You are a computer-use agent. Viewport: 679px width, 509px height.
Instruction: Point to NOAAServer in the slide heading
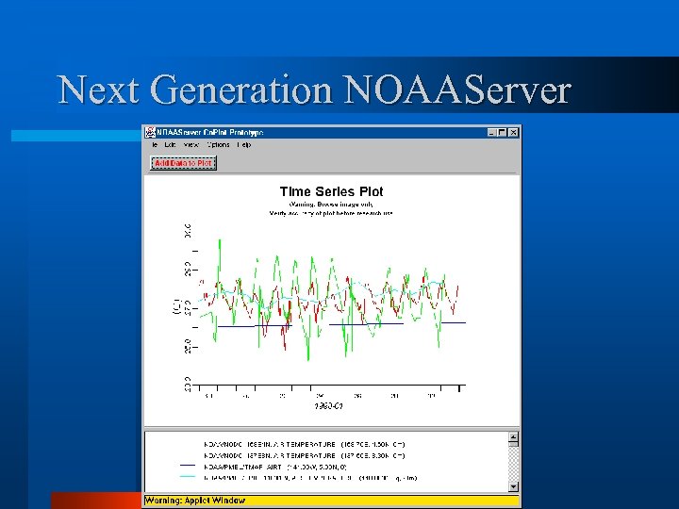(x=456, y=90)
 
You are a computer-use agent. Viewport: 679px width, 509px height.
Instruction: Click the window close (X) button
(x=513, y=133)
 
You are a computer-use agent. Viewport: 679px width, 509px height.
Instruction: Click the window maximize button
(x=503, y=133)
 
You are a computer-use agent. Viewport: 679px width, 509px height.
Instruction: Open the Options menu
(x=218, y=145)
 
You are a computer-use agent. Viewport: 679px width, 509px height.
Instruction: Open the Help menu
(x=243, y=145)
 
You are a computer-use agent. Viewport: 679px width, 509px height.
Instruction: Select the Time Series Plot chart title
(x=331, y=191)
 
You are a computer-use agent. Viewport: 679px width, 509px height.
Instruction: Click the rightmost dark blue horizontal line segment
(x=442, y=322)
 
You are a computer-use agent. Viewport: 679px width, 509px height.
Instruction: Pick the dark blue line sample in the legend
(x=188, y=465)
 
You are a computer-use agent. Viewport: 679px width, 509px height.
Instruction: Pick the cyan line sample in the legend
(x=188, y=477)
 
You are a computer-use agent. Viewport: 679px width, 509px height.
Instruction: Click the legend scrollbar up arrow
(x=514, y=438)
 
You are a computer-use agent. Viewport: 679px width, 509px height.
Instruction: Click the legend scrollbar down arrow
(x=514, y=486)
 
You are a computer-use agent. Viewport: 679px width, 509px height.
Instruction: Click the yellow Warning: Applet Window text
(x=194, y=500)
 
